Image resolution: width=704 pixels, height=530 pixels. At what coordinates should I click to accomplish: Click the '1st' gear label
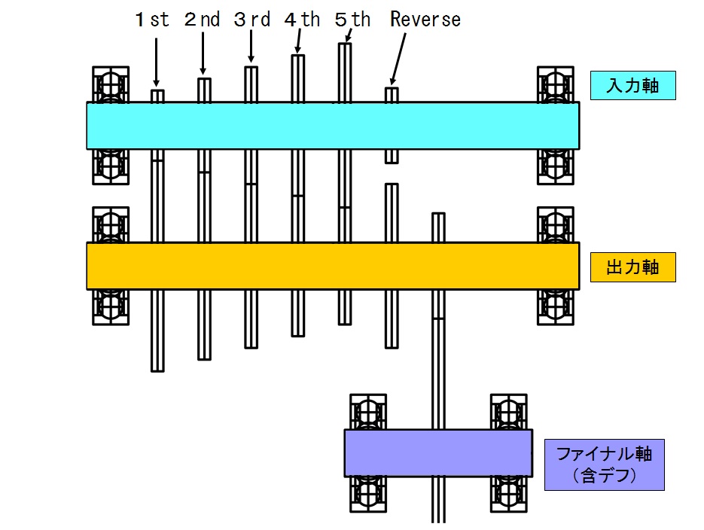(x=153, y=20)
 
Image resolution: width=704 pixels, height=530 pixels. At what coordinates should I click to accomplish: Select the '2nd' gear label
(x=202, y=20)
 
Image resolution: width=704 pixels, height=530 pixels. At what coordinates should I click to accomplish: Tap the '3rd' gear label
(x=251, y=20)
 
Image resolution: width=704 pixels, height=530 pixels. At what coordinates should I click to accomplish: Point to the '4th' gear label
(x=302, y=20)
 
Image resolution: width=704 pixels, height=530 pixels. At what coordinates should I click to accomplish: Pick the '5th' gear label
(x=352, y=20)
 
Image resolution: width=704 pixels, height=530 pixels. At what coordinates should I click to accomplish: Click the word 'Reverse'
(x=425, y=20)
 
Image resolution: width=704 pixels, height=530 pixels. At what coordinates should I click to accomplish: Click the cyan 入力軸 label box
(x=632, y=86)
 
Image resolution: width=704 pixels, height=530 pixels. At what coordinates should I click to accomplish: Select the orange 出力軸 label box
(x=632, y=267)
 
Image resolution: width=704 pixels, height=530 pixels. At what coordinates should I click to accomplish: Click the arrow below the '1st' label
(x=157, y=60)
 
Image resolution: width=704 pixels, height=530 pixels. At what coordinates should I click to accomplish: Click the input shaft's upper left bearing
(x=111, y=84)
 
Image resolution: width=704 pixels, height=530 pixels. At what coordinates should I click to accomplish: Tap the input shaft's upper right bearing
(x=556, y=84)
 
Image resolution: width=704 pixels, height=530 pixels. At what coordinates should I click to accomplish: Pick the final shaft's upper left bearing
(x=368, y=411)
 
